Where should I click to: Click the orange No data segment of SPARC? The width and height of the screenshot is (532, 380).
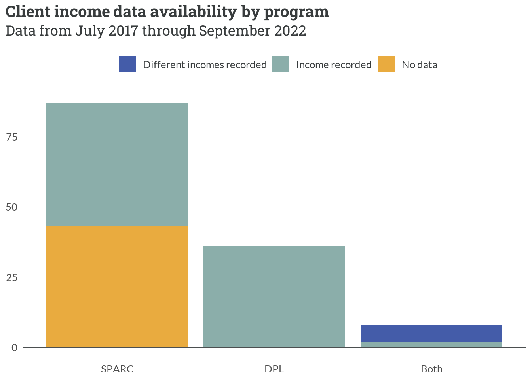click(x=117, y=287)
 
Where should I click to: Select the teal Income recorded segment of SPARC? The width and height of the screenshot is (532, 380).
click(x=117, y=164)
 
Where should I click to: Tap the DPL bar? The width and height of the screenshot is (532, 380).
click(x=274, y=296)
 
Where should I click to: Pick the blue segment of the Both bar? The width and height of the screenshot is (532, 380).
click(x=431, y=333)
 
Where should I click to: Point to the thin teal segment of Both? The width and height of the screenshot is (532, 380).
click(x=431, y=345)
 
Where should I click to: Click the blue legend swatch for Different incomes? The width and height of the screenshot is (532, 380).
click(x=127, y=64)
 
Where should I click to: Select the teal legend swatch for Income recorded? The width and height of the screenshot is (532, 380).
click(x=280, y=64)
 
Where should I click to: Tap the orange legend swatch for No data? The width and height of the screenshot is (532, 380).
click(x=386, y=64)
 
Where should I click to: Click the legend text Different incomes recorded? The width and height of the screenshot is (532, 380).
click(x=205, y=65)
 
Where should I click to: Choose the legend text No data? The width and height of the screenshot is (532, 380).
click(x=419, y=65)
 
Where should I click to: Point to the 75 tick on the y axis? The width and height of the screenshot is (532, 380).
click(x=12, y=137)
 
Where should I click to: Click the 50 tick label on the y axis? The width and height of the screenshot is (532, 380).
click(x=12, y=207)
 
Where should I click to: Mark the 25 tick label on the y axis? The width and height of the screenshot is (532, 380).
click(x=12, y=277)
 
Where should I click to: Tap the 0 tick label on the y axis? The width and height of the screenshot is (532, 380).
click(x=15, y=348)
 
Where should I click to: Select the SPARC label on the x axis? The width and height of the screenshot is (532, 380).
click(x=117, y=369)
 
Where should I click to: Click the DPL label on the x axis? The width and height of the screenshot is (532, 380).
click(x=274, y=369)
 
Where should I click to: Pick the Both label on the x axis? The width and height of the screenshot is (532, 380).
click(x=431, y=369)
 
